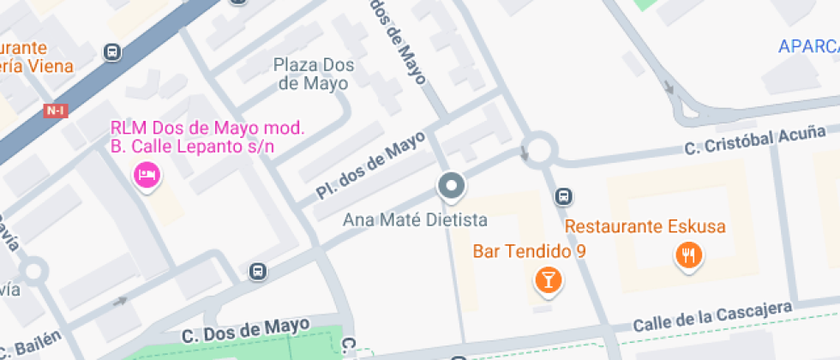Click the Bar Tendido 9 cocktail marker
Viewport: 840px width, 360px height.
(x=547, y=279)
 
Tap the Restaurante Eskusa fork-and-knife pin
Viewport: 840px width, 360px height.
(x=688, y=254)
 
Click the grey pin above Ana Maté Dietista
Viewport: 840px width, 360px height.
(x=451, y=185)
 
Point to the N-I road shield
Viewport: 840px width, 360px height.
(x=57, y=111)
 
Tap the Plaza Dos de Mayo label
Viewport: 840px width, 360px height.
(x=310, y=75)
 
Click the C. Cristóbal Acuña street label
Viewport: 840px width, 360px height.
(x=754, y=141)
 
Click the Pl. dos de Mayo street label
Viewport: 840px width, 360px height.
(x=370, y=165)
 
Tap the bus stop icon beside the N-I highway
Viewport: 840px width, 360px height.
(x=111, y=53)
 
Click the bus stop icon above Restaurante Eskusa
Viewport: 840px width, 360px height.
(x=563, y=196)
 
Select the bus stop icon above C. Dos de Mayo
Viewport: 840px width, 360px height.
(x=257, y=272)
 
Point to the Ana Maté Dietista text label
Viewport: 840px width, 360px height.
(x=415, y=220)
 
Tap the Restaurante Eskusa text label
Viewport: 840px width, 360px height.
(x=645, y=227)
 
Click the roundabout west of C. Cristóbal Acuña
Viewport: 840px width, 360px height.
(x=539, y=149)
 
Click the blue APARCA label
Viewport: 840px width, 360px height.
(x=808, y=46)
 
